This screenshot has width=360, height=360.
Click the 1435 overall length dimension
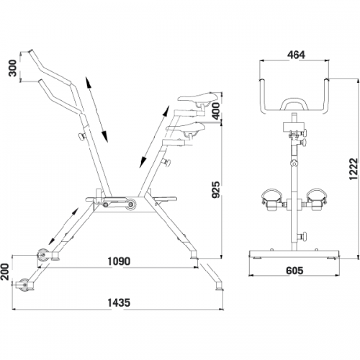click(119, 302)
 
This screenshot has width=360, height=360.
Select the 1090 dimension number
click(119, 261)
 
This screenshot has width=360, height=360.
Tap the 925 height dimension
click(216, 190)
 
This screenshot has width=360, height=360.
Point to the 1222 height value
click(354, 169)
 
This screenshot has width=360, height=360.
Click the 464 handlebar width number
click(296, 55)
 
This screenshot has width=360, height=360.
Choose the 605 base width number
click(294, 271)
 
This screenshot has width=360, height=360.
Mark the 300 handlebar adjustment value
click(12, 68)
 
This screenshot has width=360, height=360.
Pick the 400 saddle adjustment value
click(216, 111)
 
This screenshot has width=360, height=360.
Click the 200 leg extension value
click(4, 272)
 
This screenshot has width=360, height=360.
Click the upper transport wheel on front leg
click(43, 256)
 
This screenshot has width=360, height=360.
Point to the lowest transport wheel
click(25, 285)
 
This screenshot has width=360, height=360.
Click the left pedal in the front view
click(272, 199)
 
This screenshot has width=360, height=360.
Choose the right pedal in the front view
click(315, 199)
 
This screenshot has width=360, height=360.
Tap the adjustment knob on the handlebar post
click(82, 137)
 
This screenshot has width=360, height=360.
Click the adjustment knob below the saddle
click(166, 163)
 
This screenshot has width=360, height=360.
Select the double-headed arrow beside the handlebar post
click(96, 109)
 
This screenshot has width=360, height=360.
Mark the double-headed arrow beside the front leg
click(63, 226)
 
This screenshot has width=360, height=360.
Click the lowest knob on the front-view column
click(303, 236)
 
